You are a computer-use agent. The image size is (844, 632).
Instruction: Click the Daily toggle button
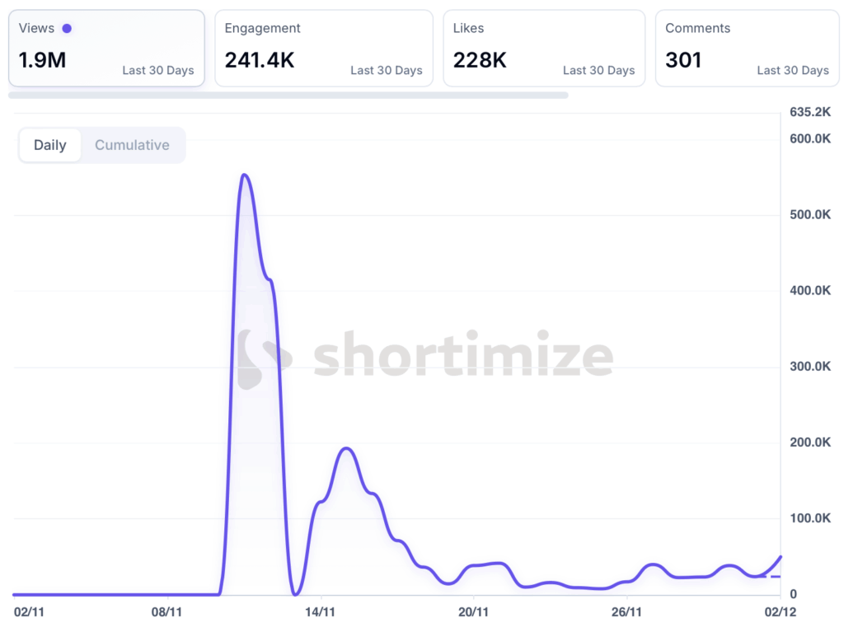click(49, 145)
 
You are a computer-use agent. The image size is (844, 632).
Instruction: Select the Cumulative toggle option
click(132, 145)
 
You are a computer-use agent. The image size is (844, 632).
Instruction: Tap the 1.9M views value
click(42, 60)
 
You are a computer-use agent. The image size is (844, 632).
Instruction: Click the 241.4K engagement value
click(260, 60)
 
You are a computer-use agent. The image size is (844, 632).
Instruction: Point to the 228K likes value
click(480, 60)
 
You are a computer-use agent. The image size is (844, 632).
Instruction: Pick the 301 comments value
click(683, 60)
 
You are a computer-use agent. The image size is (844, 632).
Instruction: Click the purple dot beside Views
click(67, 28)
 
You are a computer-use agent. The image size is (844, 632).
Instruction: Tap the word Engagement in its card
click(262, 28)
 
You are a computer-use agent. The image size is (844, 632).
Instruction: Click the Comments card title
click(697, 28)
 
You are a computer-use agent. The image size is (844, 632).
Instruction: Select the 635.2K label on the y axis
click(809, 111)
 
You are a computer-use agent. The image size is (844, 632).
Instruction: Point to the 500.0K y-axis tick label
click(809, 214)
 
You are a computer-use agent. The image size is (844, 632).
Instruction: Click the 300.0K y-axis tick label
click(809, 366)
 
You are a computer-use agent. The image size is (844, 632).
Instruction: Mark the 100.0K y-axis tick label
click(809, 517)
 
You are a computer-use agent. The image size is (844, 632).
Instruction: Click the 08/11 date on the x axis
click(166, 611)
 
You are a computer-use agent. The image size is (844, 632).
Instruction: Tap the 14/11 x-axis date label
click(320, 611)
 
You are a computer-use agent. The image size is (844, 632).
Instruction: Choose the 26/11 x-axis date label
click(626, 611)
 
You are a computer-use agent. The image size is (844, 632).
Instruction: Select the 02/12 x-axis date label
click(780, 611)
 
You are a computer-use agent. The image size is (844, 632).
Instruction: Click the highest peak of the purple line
click(244, 175)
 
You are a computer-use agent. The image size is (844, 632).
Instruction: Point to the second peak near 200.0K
click(347, 448)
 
